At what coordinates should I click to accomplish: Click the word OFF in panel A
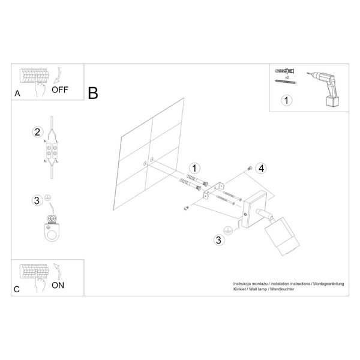60,90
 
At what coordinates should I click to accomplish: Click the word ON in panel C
58,286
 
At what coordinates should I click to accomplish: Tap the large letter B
93,93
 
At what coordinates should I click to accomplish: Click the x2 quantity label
287,77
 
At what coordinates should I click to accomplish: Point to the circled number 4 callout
261,168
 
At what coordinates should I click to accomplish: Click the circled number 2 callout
37,132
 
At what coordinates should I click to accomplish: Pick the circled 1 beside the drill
286,100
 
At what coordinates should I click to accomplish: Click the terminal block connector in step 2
52,151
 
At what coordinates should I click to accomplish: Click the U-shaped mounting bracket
214,190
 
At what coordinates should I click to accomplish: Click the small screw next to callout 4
250,168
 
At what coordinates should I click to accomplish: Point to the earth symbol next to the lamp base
228,230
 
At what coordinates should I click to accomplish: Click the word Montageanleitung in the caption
329,284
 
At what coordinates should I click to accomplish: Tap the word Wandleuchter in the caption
282,289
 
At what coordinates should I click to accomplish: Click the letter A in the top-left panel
17,94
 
